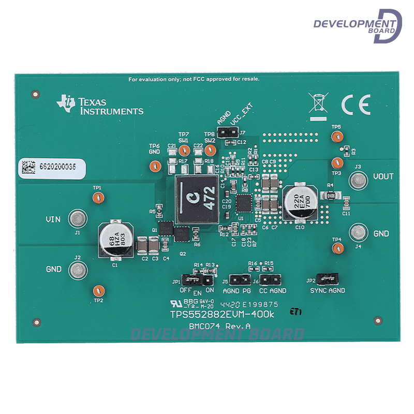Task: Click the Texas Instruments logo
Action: (x=99, y=105)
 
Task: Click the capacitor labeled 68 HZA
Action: (x=115, y=240)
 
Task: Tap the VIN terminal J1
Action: (x=78, y=219)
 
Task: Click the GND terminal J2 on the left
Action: (x=78, y=269)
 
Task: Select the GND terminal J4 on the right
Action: (x=358, y=232)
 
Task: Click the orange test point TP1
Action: (x=97, y=197)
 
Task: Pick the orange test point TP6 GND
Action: (x=154, y=166)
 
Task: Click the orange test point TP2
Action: (x=98, y=290)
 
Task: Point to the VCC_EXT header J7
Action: (x=228, y=133)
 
